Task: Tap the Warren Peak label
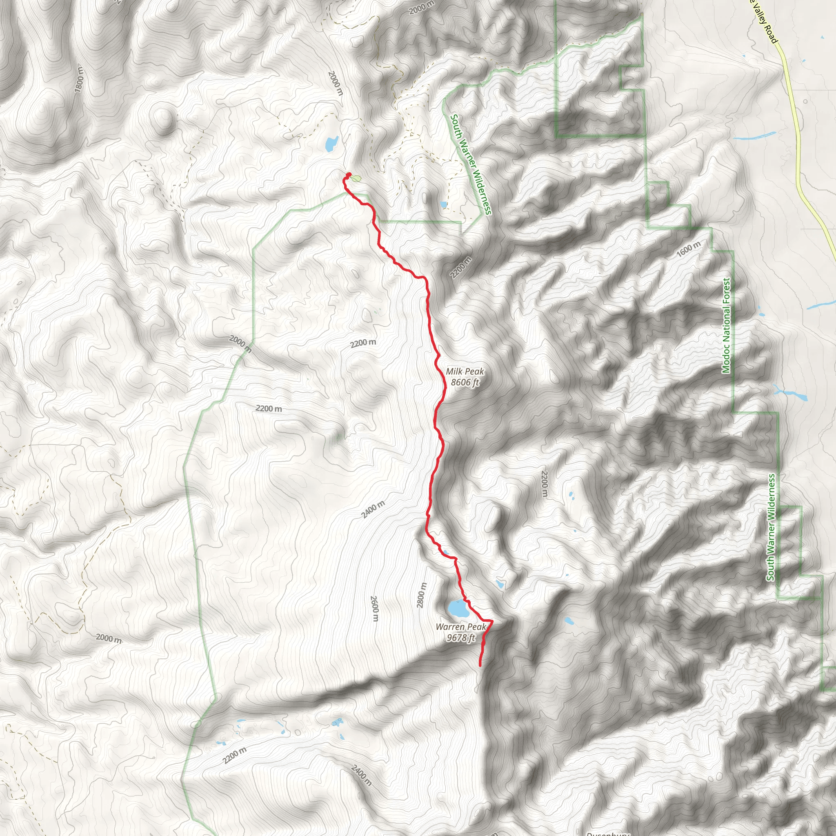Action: click(x=461, y=627)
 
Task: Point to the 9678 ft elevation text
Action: click(x=461, y=638)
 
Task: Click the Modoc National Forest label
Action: click(x=726, y=325)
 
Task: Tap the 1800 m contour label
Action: click(x=79, y=79)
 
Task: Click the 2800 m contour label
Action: click(x=421, y=595)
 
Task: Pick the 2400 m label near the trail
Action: click(x=373, y=509)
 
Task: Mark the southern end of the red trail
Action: click(x=480, y=665)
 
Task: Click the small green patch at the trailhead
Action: click(x=356, y=178)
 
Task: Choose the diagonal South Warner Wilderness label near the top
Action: click(x=471, y=164)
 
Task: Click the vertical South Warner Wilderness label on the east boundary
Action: click(x=771, y=527)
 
